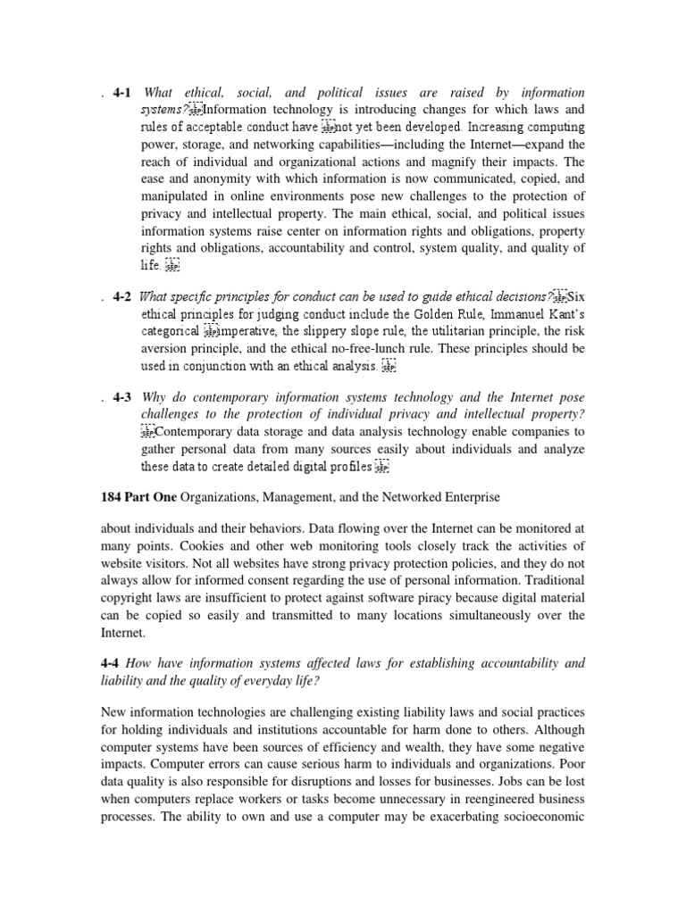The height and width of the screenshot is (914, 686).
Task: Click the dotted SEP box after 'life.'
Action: click(173, 264)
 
